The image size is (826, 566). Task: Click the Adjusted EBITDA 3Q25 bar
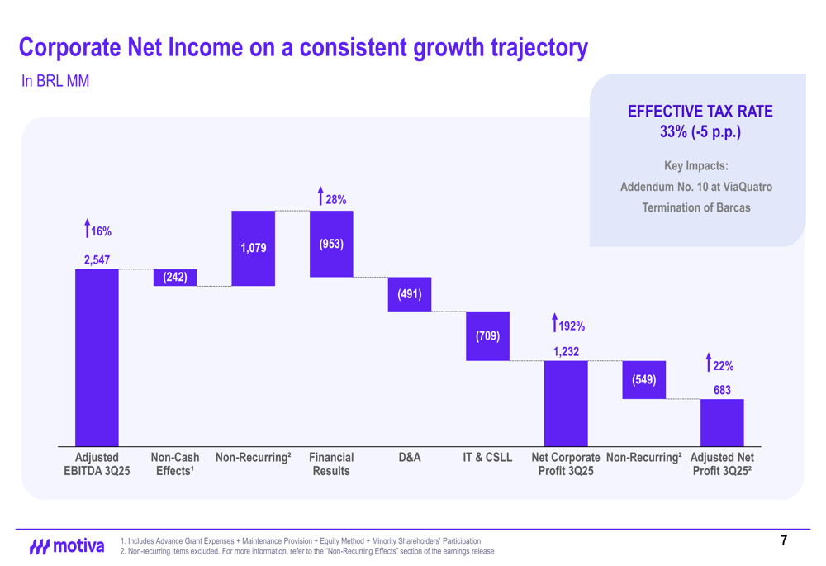click(x=97, y=358)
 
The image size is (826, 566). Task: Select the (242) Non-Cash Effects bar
click(x=175, y=278)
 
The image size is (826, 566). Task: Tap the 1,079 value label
click(x=253, y=248)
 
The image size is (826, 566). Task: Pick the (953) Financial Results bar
click(x=331, y=244)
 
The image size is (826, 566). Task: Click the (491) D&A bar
click(x=410, y=294)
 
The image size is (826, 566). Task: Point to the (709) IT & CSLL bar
click(x=487, y=335)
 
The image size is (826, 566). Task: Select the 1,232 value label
click(x=566, y=352)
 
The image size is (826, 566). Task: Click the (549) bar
click(x=644, y=380)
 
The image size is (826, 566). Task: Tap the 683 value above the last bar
click(x=722, y=390)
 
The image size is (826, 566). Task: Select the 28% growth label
click(x=335, y=200)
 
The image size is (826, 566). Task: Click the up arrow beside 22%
click(x=708, y=362)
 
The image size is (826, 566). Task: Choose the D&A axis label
click(x=410, y=457)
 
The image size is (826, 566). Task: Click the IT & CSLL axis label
click(x=487, y=457)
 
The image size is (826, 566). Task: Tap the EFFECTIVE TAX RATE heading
click(x=700, y=112)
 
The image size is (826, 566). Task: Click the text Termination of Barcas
click(x=696, y=207)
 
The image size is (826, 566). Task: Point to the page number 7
click(x=784, y=541)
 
